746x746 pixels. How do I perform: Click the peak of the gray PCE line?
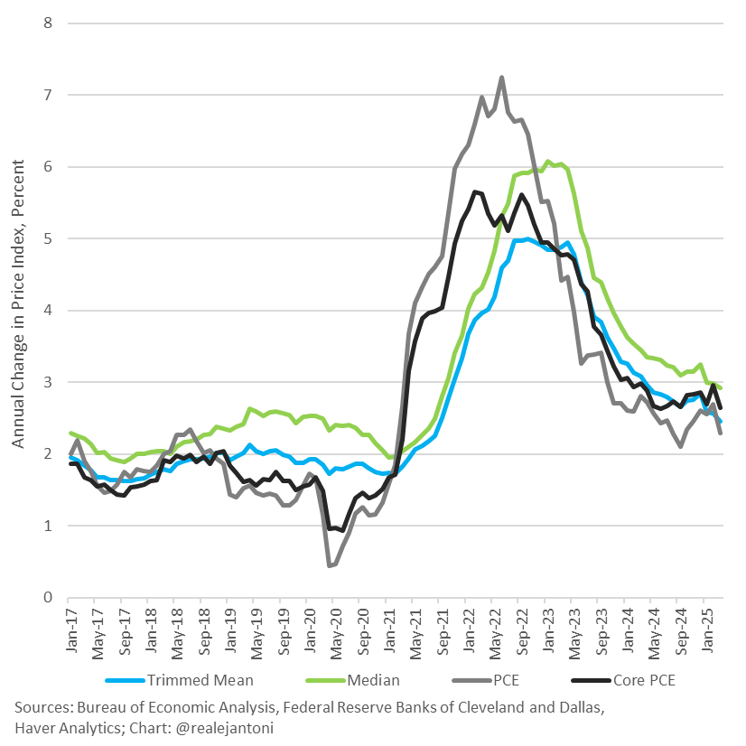tap(501, 77)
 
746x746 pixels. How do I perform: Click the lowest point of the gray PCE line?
tap(330, 565)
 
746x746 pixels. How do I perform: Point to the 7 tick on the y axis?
tap(49, 95)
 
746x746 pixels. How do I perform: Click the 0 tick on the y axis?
tap(49, 598)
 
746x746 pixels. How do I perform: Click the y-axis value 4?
tap(49, 311)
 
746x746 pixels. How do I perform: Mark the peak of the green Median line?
tap(547, 162)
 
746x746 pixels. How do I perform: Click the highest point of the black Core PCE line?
tap(474, 191)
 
